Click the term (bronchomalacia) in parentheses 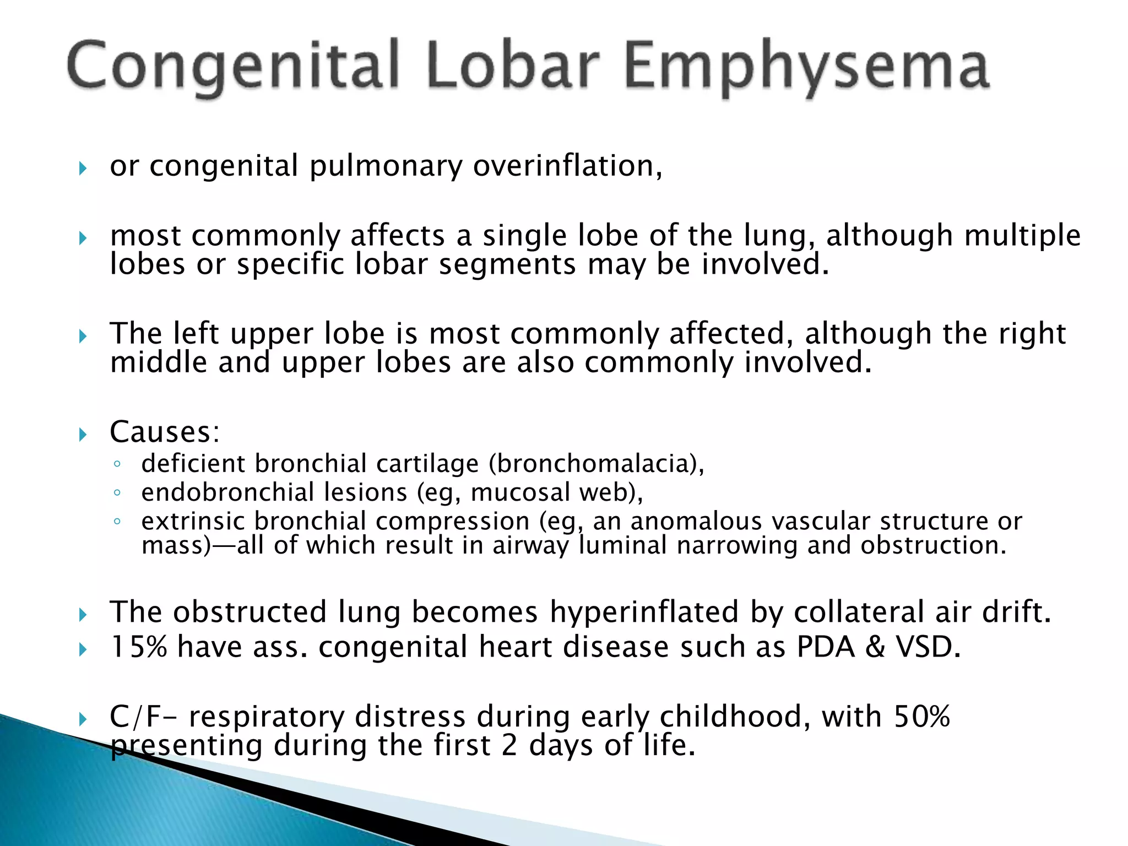(596, 464)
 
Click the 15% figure (138, 647)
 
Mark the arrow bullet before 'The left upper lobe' (83, 336)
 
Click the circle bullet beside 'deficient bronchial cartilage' (117, 464)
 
